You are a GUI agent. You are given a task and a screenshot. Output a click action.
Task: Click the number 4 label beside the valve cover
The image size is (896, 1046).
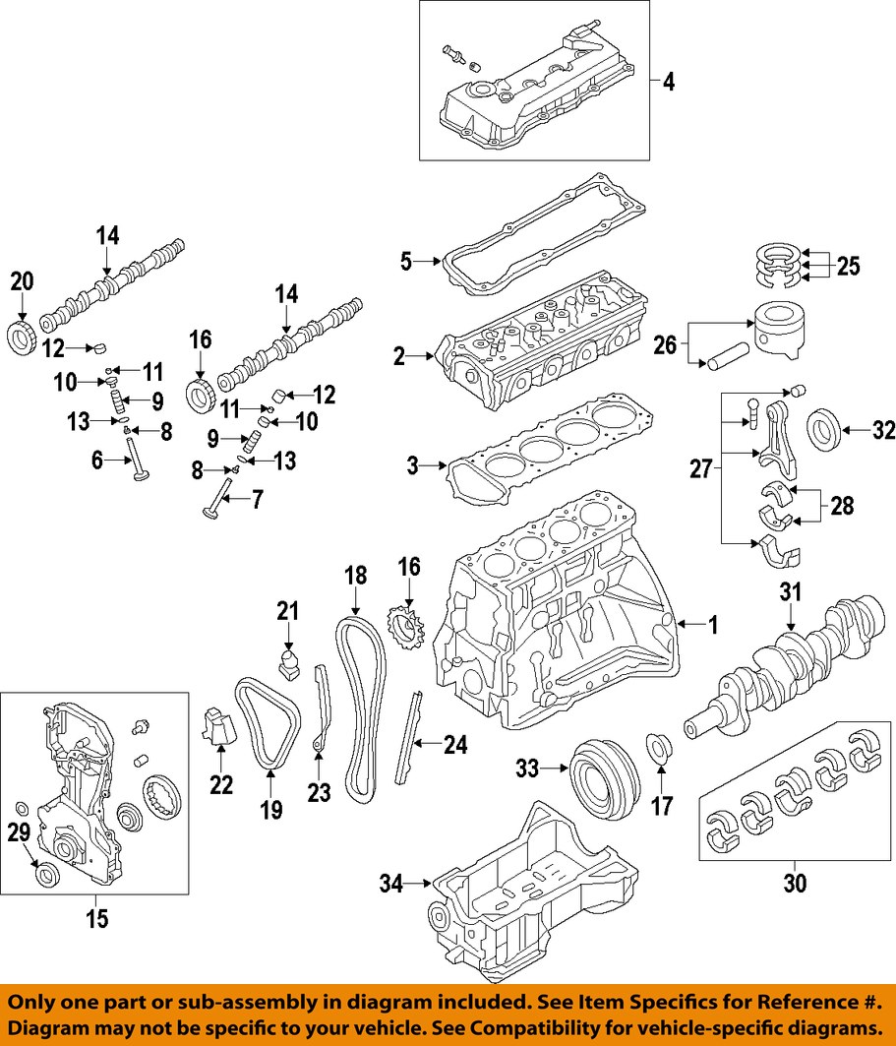668,83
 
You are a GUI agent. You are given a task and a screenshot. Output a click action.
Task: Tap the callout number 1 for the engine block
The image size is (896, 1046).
714,623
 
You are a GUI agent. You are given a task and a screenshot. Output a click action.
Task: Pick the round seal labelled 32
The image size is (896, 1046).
823,430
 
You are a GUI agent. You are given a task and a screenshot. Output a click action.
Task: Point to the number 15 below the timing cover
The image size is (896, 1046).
95,919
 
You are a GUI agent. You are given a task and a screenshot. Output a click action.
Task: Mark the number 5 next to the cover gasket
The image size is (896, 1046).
405,262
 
